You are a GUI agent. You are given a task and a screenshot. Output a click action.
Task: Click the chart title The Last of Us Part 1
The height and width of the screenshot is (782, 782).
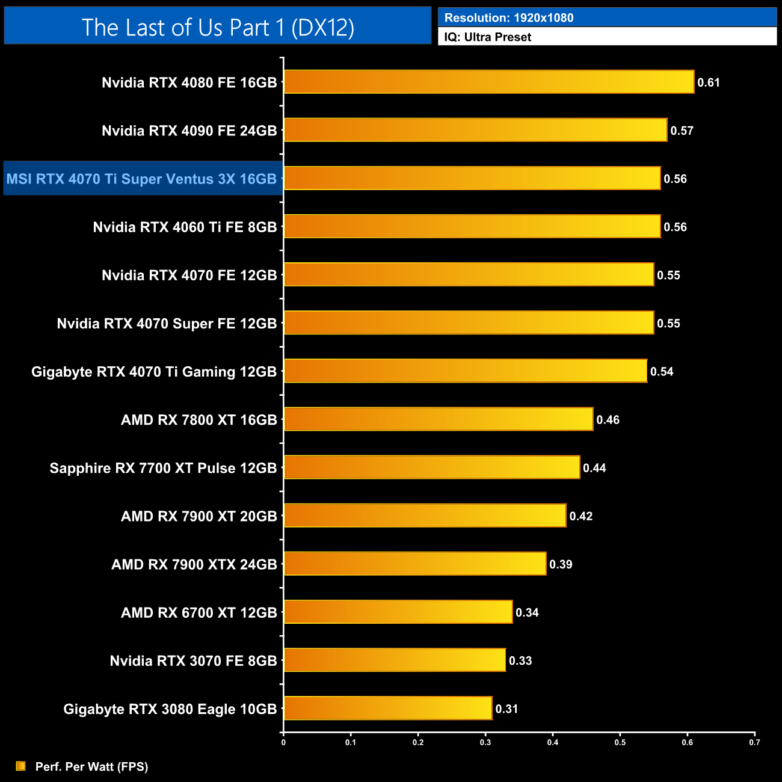point(218,28)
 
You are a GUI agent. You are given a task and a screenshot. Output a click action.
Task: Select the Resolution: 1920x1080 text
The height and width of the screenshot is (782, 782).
point(509,18)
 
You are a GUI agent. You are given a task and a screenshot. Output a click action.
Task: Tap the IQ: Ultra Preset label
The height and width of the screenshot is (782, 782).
point(488,37)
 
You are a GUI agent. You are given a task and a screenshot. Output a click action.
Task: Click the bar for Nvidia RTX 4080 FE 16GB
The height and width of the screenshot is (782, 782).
point(489,82)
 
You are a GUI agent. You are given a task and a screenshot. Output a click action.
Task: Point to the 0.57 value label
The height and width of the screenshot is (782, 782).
point(682,131)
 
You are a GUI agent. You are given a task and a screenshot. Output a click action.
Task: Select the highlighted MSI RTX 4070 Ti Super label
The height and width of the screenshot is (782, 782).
point(142,179)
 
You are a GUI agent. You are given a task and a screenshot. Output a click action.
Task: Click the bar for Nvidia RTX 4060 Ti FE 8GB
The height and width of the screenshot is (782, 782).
point(472,227)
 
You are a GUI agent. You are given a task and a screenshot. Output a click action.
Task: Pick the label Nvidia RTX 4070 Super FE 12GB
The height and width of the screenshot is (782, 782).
point(167,324)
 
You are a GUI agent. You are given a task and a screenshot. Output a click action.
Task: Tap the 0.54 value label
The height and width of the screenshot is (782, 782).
point(662,372)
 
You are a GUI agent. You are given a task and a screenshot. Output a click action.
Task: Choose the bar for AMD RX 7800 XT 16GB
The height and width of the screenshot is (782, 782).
point(439,419)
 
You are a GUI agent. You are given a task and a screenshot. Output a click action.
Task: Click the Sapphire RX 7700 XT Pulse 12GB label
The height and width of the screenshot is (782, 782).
point(163,468)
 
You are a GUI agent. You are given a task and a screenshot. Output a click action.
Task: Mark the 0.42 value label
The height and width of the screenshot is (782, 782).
point(581,516)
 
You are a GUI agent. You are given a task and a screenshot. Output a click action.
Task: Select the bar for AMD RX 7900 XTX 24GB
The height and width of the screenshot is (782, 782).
point(415,564)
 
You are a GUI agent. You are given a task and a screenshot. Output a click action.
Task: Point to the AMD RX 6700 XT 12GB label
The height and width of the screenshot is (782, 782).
point(199,613)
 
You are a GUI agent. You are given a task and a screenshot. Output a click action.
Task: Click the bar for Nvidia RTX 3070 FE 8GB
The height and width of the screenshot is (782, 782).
point(395,660)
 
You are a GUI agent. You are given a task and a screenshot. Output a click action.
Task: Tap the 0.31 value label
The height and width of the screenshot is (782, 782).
point(506,709)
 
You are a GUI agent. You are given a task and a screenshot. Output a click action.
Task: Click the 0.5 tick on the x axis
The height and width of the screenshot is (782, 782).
point(620,742)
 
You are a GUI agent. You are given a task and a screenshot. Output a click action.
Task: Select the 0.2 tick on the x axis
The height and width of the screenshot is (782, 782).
point(418,742)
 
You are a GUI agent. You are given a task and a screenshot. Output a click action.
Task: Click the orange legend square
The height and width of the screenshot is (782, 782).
point(21,766)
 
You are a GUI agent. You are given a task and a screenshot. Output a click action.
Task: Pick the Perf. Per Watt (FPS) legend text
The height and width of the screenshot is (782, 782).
point(91,766)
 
